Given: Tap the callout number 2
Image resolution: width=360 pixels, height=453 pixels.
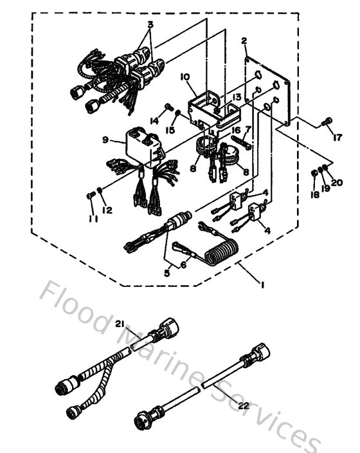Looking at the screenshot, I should pyautogui.click(x=244, y=42).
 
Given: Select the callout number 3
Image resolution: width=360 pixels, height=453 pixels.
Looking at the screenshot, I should pyautogui.click(x=150, y=25).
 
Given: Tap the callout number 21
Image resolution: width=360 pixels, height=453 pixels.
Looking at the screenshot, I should pyautogui.click(x=120, y=324).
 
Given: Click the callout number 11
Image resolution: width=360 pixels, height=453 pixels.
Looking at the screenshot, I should pyautogui.click(x=93, y=218).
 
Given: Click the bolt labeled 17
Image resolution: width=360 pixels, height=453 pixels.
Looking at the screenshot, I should pyautogui.click(x=328, y=120).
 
